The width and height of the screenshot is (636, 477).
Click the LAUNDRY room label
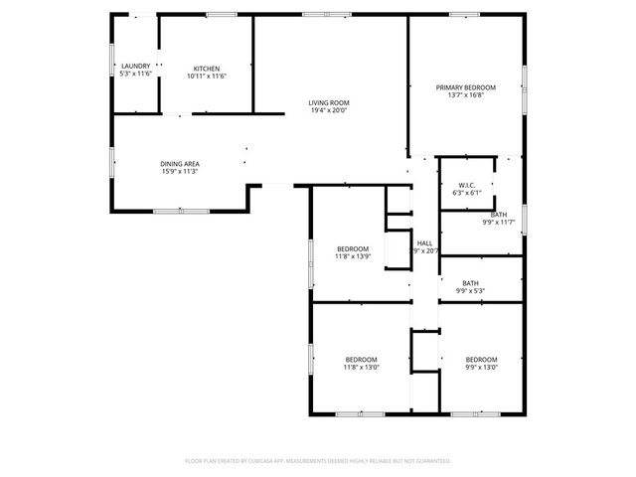(135, 67)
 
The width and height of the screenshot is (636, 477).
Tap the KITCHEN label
(207, 67)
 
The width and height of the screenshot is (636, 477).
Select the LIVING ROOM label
(328, 102)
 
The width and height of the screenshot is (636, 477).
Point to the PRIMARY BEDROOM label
(465, 87)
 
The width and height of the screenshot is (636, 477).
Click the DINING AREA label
(180, 163)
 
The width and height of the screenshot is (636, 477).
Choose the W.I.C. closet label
(466, 185)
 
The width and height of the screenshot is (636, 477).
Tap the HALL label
(425, 242)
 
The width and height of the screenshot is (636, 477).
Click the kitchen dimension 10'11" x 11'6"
(207, 76)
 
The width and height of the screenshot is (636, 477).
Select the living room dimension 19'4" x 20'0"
(328, 110)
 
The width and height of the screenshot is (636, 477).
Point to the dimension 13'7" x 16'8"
(465, 96)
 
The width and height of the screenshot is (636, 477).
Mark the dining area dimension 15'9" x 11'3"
(180, 172)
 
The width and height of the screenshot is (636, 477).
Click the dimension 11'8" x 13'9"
(353, 256)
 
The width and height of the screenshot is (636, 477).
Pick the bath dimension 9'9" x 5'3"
(470, 291)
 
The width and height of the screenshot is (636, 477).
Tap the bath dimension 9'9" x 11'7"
(498, 223)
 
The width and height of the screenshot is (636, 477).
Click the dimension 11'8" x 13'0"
(361, 368)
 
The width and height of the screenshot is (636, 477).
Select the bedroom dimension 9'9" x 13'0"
(481, 368)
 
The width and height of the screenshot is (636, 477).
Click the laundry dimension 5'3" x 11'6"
(135, 75)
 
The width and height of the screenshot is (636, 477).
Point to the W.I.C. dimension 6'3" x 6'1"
(466, 193)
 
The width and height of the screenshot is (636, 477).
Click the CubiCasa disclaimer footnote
(318, 461)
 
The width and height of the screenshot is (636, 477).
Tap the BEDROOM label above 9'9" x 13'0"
(481, 359)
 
